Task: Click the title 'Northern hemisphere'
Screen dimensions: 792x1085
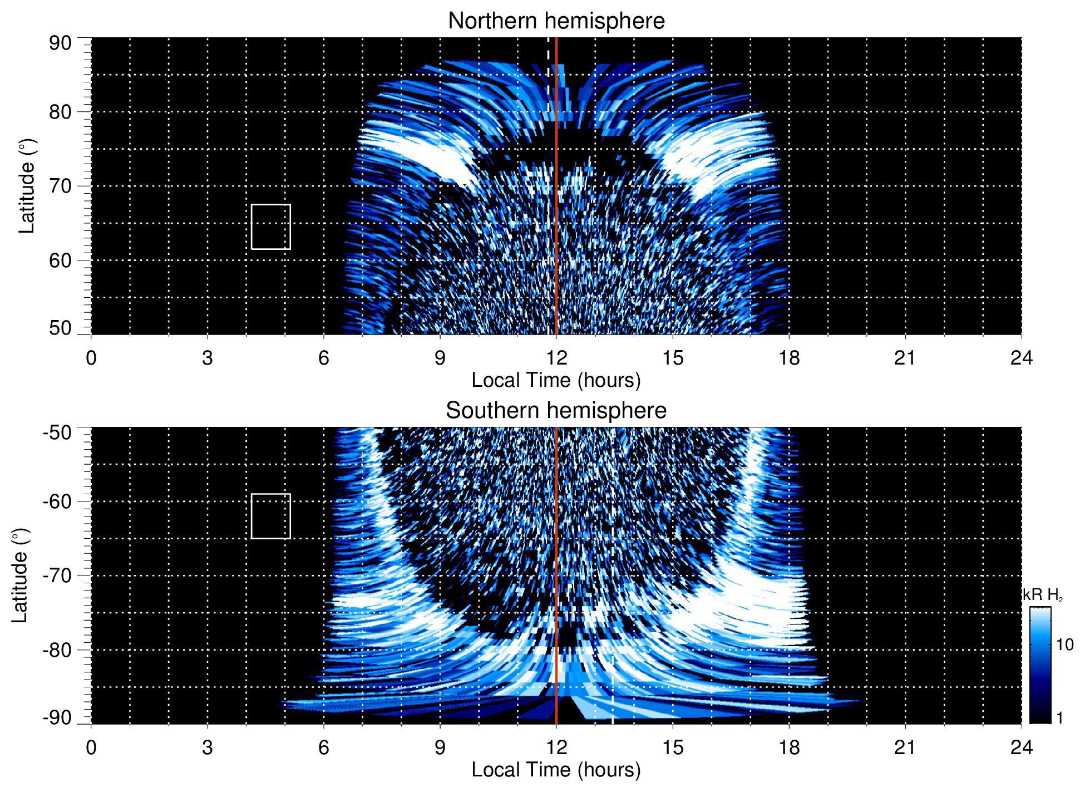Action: click(x=556, y=21)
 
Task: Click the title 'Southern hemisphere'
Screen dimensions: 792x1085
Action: click(x=556, y=411)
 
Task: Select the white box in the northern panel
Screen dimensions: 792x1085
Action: click(x=271, y=227)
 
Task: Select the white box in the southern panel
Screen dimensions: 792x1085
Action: click(x=271, y=516)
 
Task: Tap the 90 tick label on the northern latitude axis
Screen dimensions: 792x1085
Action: click(x=60, y=43)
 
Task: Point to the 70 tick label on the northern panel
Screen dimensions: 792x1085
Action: click(x=60, y=186)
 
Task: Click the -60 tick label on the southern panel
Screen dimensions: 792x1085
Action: click(x=57, y=501)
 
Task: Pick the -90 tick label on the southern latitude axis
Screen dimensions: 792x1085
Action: click(x=57, y=718)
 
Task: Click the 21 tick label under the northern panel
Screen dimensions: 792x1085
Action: click(x=905, y=358)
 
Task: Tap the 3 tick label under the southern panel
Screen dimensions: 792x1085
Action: click(x=207, y=747)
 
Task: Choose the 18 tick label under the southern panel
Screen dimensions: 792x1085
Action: click(x=788, y=747)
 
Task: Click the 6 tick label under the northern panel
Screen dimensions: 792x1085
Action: click(x=323, y=358)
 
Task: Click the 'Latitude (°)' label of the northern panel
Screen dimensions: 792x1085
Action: click(x=27, y=186)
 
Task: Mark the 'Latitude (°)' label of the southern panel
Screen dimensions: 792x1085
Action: click(x=19, y=575)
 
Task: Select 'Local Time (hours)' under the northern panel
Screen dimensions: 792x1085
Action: click(x=556, y=380)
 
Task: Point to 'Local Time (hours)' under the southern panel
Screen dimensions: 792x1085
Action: click(x=556, y=770)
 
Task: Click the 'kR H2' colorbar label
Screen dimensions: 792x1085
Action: click(x=1043, y=595)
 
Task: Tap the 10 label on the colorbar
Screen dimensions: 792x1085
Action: click(x=1064, y=645)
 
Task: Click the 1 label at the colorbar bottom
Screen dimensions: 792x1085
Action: click(x=1059, y=718)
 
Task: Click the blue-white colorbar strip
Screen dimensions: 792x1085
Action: click(x=1040, y=665)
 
